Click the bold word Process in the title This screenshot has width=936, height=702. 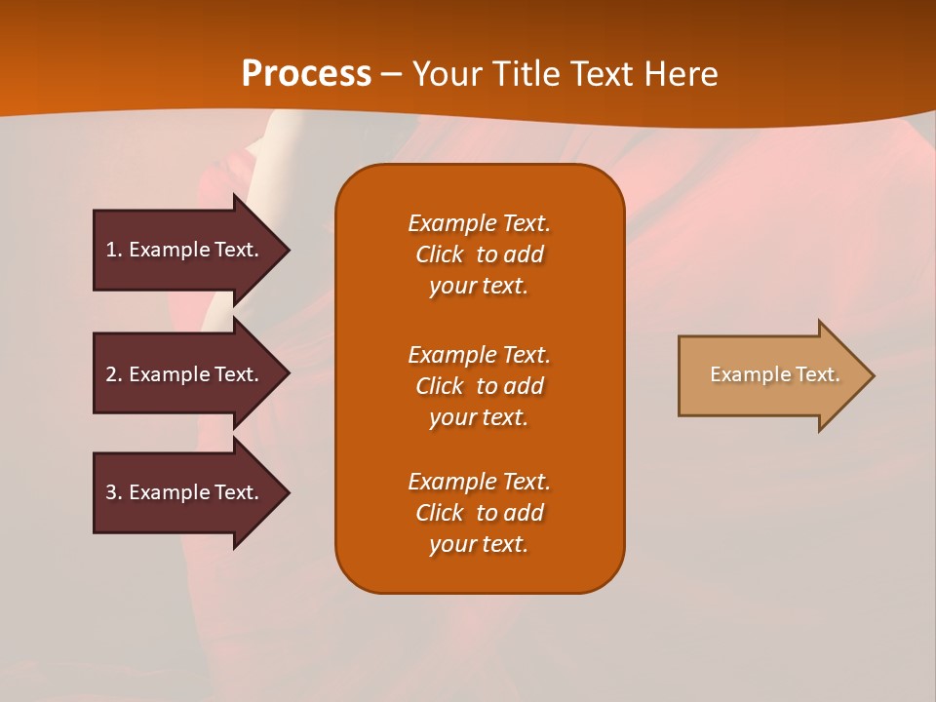pos(306,74)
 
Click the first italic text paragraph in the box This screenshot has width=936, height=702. pos(479,254)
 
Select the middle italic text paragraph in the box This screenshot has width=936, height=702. pos(479,386)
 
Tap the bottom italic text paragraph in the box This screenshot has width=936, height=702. pos(479,513)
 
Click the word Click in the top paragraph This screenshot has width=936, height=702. pos(439,254)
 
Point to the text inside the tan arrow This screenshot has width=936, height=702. pos(774,374)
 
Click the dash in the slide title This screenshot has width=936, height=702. pos(391,75)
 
